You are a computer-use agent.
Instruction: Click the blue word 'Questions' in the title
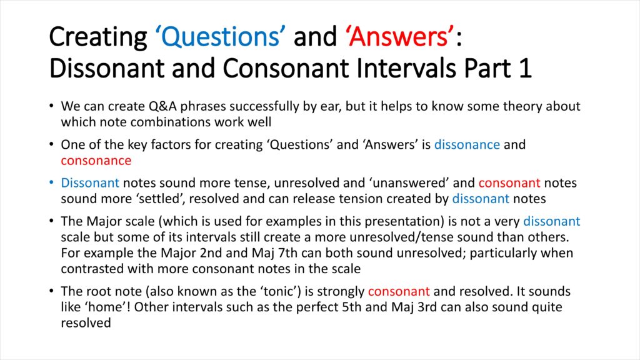pos(221,37)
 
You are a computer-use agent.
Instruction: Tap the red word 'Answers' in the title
pos(398,37)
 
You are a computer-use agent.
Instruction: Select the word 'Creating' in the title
pos(98,37)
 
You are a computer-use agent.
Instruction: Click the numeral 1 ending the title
pos(526,67)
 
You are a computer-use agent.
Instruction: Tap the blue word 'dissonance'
pos(467,144)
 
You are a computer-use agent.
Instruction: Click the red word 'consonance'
pos(96,161)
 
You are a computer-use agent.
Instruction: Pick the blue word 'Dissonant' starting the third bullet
pos(90,183)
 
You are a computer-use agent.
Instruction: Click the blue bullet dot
pos(51,182)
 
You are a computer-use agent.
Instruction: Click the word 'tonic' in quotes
pos(279,291)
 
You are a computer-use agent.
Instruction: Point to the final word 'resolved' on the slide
pos(86,323)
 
